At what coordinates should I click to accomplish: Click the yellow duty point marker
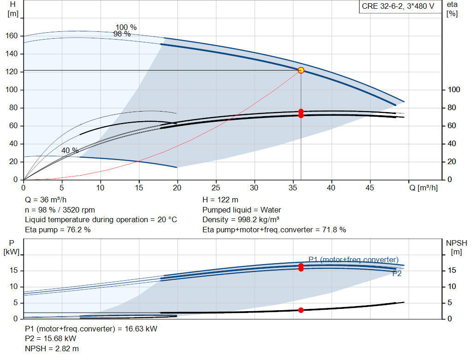(301, 71)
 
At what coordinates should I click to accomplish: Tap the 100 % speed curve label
(126, 27)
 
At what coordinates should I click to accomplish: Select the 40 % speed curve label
(70, 150)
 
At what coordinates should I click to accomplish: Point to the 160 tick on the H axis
(12, 36)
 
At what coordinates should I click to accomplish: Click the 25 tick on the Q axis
(216, 188)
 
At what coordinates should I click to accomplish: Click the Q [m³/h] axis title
(424, 188)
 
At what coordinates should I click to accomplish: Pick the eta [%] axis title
(452, 9)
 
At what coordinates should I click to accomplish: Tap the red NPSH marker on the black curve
(301, 310)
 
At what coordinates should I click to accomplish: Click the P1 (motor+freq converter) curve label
(354, 260)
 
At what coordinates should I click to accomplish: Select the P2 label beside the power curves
(397, 274)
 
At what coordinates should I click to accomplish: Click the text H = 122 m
(220, 200)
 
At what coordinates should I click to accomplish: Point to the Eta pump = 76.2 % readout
(58, 230)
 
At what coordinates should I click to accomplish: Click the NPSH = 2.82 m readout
(52, 348)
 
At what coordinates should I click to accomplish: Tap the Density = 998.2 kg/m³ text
(241, 220)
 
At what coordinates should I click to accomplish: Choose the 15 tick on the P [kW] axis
(13, 270)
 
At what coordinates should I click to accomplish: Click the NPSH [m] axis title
(457, 248)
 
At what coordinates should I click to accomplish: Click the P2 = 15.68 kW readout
(51, 339)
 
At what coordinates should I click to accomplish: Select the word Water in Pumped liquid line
(271, 210)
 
